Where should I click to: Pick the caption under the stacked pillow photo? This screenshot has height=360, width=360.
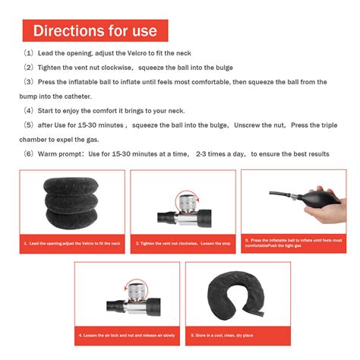71,243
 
